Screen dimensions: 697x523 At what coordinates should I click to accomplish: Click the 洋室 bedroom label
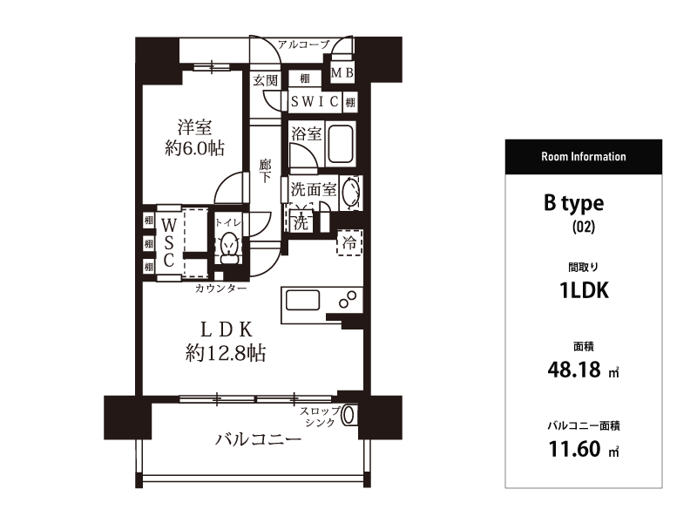(194, 127)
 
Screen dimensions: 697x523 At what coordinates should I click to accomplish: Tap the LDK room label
(227, 329)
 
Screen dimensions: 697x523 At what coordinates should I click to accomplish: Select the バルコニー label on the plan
(258, 439)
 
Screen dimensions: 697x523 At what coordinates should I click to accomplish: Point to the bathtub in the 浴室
(341, 143)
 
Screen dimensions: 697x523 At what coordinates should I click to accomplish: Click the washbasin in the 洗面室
(350, 193)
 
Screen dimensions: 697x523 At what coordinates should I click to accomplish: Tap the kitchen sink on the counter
(302, 301)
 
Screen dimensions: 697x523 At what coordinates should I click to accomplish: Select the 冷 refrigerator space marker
(349, 242)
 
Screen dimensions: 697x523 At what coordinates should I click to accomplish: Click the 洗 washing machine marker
(301, 221)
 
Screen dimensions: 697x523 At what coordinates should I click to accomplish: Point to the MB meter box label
(342, 72)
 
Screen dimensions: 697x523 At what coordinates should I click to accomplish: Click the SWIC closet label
(315, 101)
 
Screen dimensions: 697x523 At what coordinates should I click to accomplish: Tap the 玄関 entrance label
(266, 80)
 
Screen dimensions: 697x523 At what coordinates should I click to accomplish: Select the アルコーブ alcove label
(304, 44)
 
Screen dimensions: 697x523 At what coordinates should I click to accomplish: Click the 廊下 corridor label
(266, 171)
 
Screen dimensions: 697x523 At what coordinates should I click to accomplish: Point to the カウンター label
(220, 289)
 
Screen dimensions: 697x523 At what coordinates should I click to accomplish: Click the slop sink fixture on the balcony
(349, 415)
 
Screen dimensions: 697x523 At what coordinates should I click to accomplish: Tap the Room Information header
(583, 157)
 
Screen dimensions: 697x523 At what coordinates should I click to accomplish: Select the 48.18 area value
(574, 370)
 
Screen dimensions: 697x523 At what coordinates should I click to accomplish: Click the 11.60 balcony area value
(574, 449)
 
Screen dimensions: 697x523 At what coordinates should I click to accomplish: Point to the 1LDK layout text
(584, 291)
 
